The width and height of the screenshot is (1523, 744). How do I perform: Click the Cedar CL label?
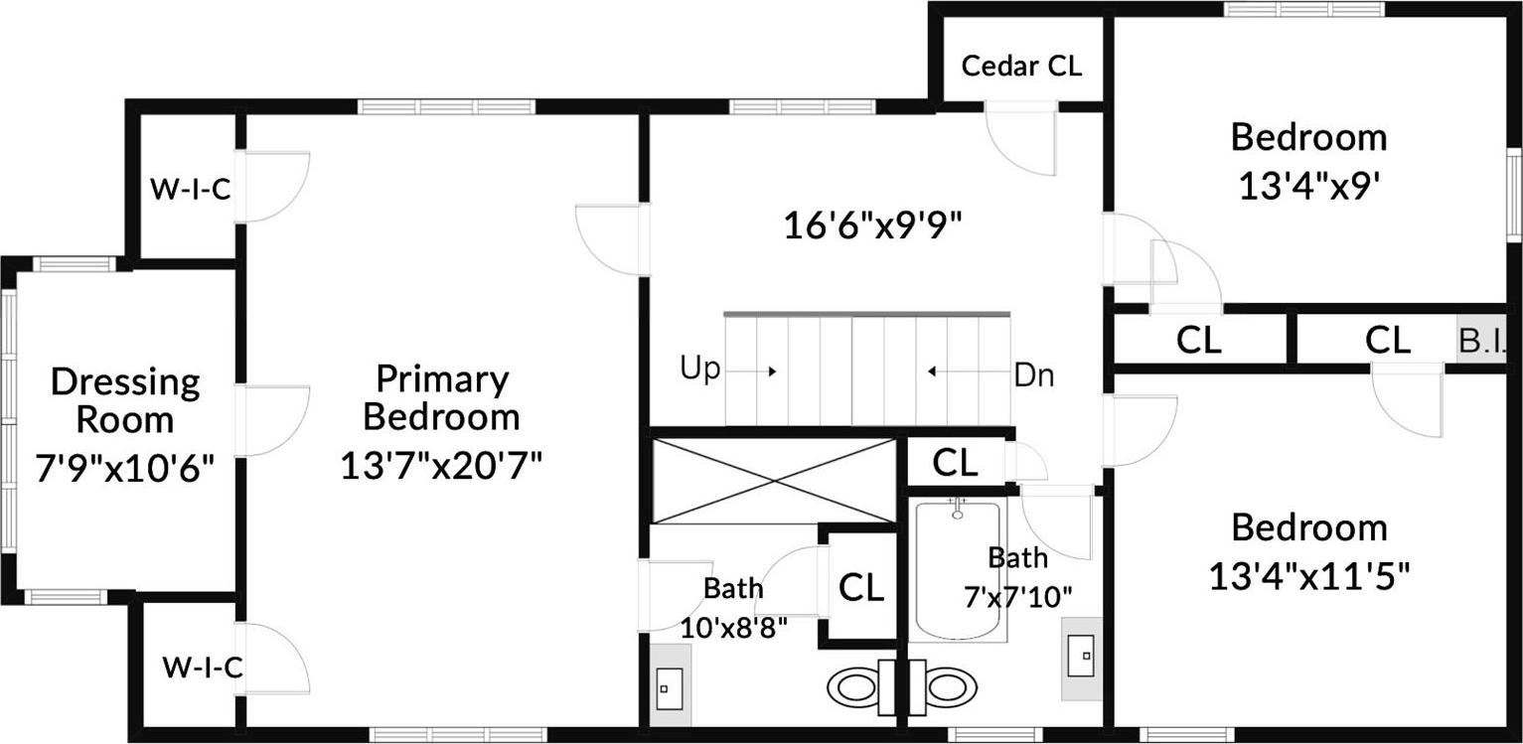click(x=1021, y=67)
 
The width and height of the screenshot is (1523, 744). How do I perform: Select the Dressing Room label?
click(x=125, y=400)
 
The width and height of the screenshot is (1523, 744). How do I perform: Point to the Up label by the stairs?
click(x=700, y=370)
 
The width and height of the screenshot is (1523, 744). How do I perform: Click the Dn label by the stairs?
click(x=1034, y=375)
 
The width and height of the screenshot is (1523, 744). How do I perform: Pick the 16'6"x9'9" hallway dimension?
click(x=874, y=226)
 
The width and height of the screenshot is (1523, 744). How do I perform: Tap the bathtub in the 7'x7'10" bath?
click(x=957, y=571)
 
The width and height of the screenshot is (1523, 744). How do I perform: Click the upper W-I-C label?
click(x=190, y=189)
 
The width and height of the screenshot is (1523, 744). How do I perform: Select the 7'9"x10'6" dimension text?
click(x=125, y=467)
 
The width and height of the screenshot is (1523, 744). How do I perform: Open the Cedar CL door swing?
click(x=1024, y=140)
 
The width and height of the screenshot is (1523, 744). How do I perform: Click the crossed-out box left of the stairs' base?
click(x=774, y=481)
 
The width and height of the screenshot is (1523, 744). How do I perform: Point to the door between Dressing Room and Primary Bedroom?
click(x=270, y=420)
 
